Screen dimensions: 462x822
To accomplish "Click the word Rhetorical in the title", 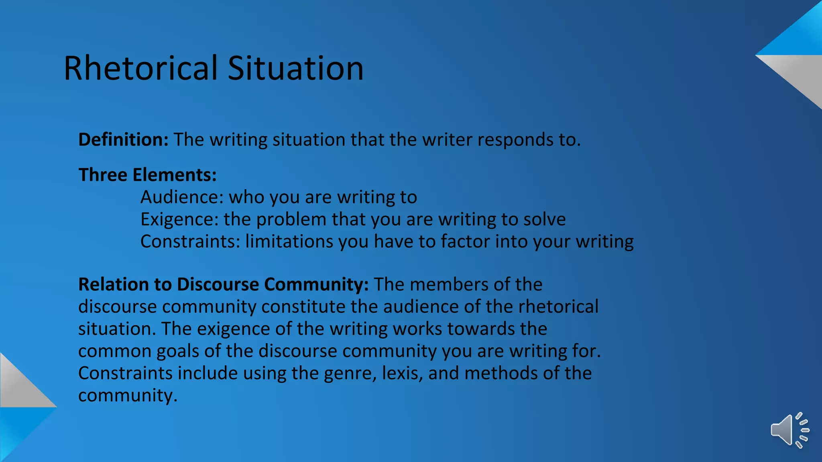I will coord(140,68).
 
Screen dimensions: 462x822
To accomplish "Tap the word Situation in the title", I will coord(295,68).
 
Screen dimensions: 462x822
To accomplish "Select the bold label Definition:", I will coord(123,140).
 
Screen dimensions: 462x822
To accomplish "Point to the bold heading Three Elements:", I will coord(147,175).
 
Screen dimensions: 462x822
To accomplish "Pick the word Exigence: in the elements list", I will coord(179,219).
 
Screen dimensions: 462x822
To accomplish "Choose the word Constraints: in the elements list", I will coord(190,241).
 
